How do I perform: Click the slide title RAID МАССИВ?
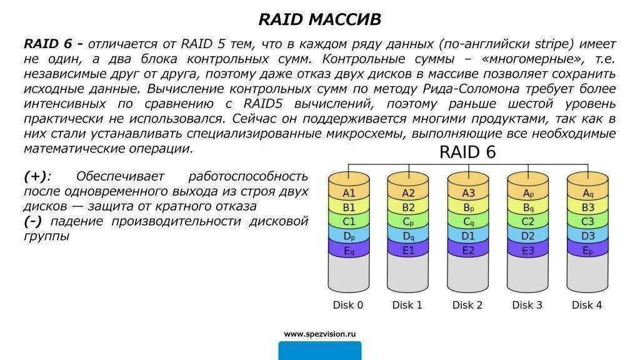[319, 19]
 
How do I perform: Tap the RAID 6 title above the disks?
[467, 152]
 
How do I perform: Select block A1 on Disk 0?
[349, 193]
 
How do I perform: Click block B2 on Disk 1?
[408, 207]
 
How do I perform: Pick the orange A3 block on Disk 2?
[468, 193]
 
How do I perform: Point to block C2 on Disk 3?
[528, 221]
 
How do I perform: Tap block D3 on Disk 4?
[587, 236]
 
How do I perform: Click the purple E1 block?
[408, 250]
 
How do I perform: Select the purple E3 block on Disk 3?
[528, 250]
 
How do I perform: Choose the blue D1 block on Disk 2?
[468, 236]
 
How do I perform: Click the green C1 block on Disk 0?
[349, 221]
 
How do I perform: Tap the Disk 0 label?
[347, 305]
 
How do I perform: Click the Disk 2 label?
[467, 305]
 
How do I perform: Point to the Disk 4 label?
[587, 305]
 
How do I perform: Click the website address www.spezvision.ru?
[319, 334]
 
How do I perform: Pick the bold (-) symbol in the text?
[35, 222]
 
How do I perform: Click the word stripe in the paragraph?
[554, 44]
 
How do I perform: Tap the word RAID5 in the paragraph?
[263, 104]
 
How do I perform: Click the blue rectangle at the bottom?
[319, 351]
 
